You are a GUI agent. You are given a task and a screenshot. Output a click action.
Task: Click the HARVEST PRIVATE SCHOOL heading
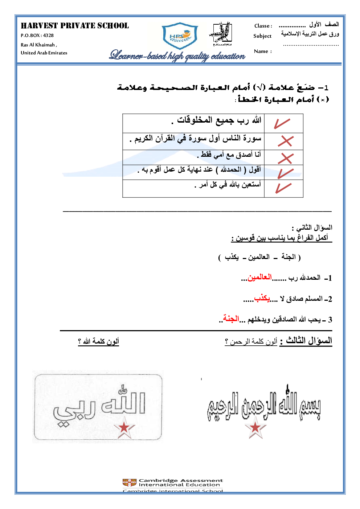pos(75,26)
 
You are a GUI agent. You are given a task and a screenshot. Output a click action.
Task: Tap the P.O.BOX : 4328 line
pos(37,36)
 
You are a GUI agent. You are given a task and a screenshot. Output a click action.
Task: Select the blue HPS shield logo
pos(180,36)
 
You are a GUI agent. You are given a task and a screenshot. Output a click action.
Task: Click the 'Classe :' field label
pos(263,26)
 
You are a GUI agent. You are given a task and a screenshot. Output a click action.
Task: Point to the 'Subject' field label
pos(262,36)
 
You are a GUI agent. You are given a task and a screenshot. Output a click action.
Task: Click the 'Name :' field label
pos(263,52)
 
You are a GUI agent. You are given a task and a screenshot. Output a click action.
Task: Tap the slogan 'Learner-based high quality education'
pos(177,56)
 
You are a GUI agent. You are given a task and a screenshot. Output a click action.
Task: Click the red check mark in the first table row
pos(282,123)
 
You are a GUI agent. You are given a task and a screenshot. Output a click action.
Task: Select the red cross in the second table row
pos(286,141)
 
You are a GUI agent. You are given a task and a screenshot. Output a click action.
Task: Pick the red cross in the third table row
pos(286,158)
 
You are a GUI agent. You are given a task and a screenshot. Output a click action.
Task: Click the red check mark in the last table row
pos(283,188)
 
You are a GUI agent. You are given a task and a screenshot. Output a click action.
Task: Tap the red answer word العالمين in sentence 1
pos(259,277)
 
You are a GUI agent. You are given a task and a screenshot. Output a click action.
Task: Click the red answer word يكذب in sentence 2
pos(262,298)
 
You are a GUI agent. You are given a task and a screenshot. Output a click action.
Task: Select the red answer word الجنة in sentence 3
pos(231,319)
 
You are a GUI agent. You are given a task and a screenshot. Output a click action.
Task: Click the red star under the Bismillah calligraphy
pos(255,427)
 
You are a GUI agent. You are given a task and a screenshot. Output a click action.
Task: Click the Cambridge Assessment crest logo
pos(130,483)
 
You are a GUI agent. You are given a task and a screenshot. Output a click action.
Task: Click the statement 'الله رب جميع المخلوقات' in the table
pos(219,120)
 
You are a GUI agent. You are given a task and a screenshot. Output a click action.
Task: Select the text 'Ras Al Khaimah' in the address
pos(38,45)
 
